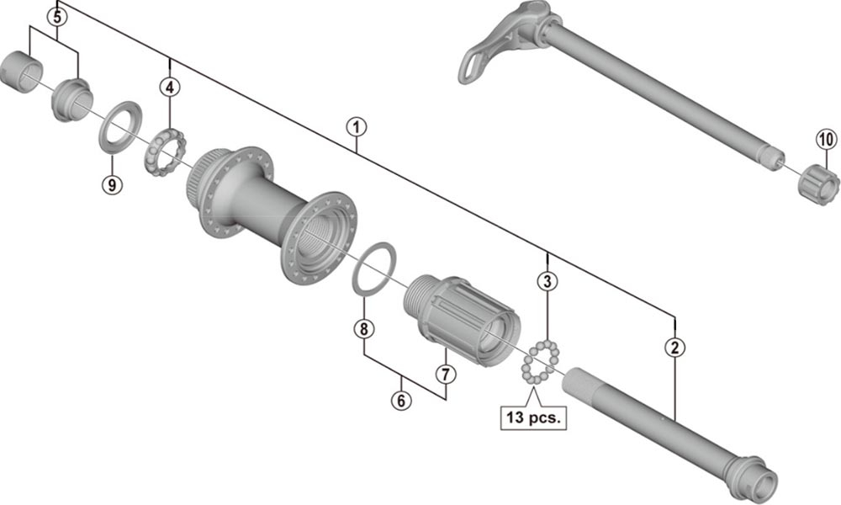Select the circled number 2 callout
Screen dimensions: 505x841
(674, 345)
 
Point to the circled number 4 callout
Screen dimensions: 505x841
(171, 86)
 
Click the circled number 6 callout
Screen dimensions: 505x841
(401, 401)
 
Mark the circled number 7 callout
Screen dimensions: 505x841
(445, 372)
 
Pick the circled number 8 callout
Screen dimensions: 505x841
(363, 329)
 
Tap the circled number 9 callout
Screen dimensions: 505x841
(113, 183)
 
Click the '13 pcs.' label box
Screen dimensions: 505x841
(533, 416)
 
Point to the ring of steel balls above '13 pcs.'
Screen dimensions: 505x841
(540, 363)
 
